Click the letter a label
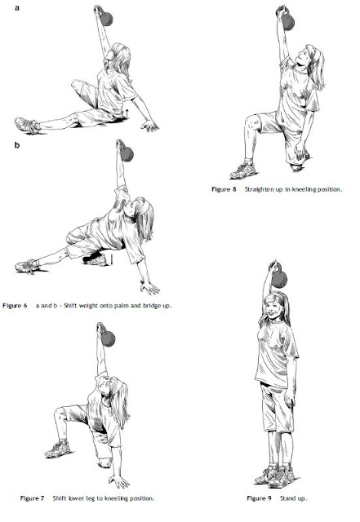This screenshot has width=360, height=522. (17, 7)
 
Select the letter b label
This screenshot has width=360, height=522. (17, 145)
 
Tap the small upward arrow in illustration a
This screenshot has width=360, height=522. (127, 113)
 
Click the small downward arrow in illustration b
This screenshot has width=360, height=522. (112, 260)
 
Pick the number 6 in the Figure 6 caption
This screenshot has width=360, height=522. (25, 306)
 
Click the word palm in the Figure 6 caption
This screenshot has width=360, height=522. (121, 306)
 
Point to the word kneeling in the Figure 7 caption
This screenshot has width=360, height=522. (116, 498)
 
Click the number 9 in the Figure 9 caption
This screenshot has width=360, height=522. (269, 498)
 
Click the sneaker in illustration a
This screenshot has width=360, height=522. (27, 125)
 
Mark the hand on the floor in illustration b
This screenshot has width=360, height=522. (149, 288)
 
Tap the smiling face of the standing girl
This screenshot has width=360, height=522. (273, 308)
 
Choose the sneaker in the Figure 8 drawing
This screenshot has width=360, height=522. (243, 170)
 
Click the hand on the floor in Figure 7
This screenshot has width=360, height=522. (118, 482)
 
